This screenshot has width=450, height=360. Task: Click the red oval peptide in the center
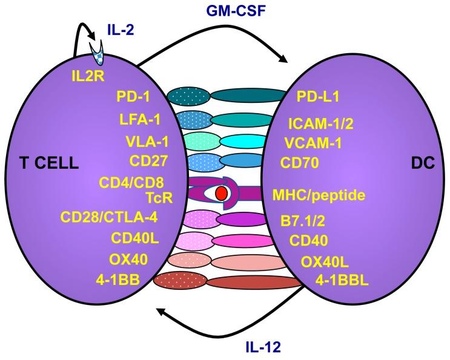tap(221, 192)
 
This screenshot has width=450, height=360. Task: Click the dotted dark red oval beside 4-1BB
tap(176, 281)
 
